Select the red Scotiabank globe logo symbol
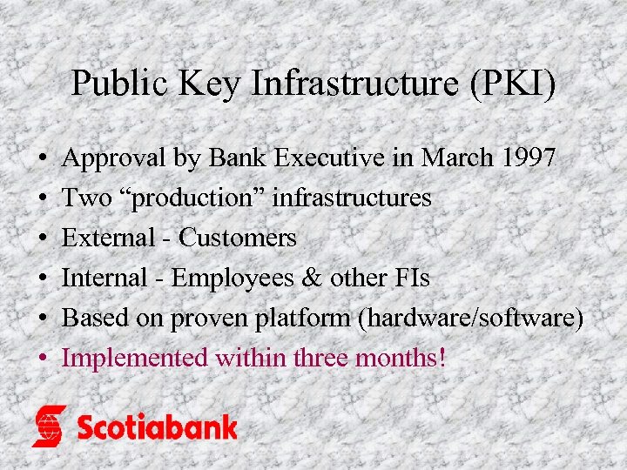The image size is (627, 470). click(50, 426)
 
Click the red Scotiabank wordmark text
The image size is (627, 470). click(157, 426)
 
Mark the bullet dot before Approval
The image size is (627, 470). click(43, 160)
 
